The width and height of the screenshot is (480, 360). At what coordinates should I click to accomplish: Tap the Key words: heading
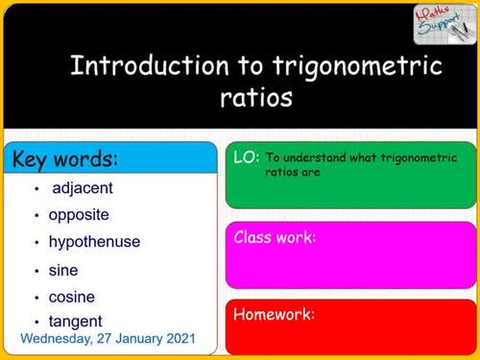point(65,158)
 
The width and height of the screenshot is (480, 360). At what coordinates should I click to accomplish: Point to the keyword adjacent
point(83,188)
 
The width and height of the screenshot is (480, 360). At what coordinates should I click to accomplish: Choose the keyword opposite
point(79,215)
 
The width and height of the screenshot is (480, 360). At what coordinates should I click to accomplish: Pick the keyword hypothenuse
point(94,242)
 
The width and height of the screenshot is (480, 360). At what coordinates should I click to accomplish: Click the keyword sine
point(63,271)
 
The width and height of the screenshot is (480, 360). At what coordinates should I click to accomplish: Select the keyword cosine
point(72,298)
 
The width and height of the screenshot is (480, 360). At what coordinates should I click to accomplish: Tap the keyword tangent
point(76,322)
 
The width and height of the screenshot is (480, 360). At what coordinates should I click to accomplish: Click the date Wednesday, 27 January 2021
point(108,339)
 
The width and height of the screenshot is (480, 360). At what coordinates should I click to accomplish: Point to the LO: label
point(246,157)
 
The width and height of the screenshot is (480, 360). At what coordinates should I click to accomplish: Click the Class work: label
point(275,237)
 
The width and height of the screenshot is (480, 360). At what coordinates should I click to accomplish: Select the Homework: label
point(274,314)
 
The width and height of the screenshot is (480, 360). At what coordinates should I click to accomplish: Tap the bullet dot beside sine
point(36,272)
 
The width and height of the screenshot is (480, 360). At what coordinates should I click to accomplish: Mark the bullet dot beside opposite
point(36,216)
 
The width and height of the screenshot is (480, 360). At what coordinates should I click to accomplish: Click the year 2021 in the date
point(178,339)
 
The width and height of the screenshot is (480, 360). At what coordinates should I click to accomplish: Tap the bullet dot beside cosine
point(36,299)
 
